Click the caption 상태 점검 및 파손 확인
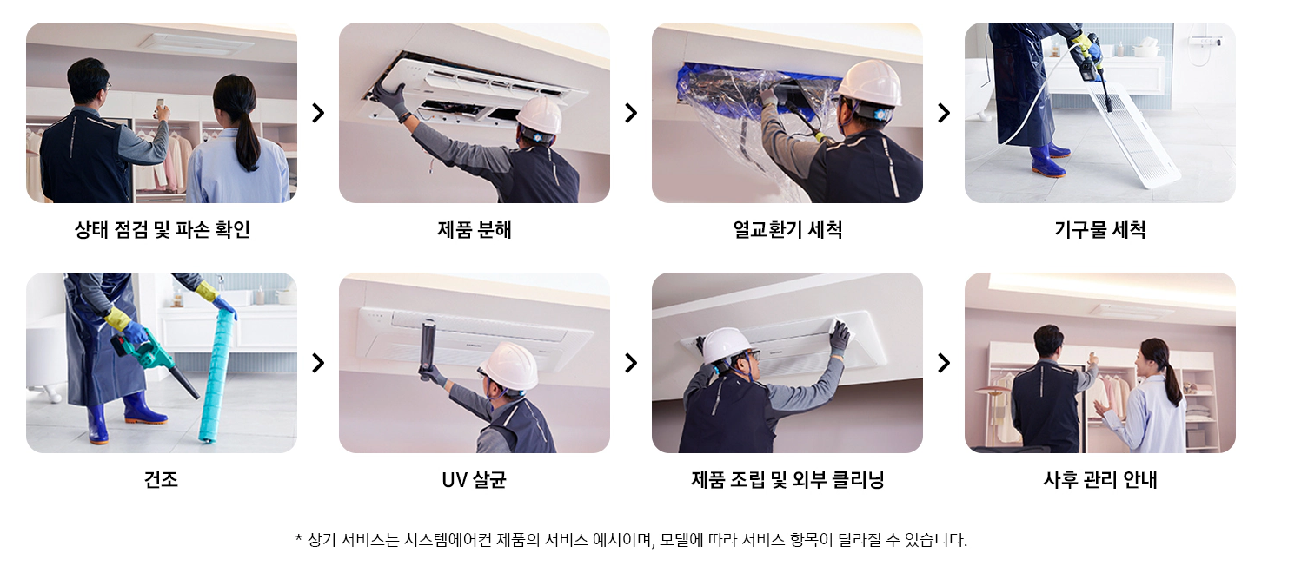162,230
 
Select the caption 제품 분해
474,230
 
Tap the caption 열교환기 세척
787,230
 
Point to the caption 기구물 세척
1099,230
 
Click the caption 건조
162,479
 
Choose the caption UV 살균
474,479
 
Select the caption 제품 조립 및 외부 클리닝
787,479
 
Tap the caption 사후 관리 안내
1099,479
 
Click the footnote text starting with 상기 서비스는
631,540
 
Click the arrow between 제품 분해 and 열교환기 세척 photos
631,113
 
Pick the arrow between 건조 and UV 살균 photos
318,363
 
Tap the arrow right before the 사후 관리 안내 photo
944,363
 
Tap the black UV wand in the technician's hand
427,348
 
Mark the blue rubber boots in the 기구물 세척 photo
1048,159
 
